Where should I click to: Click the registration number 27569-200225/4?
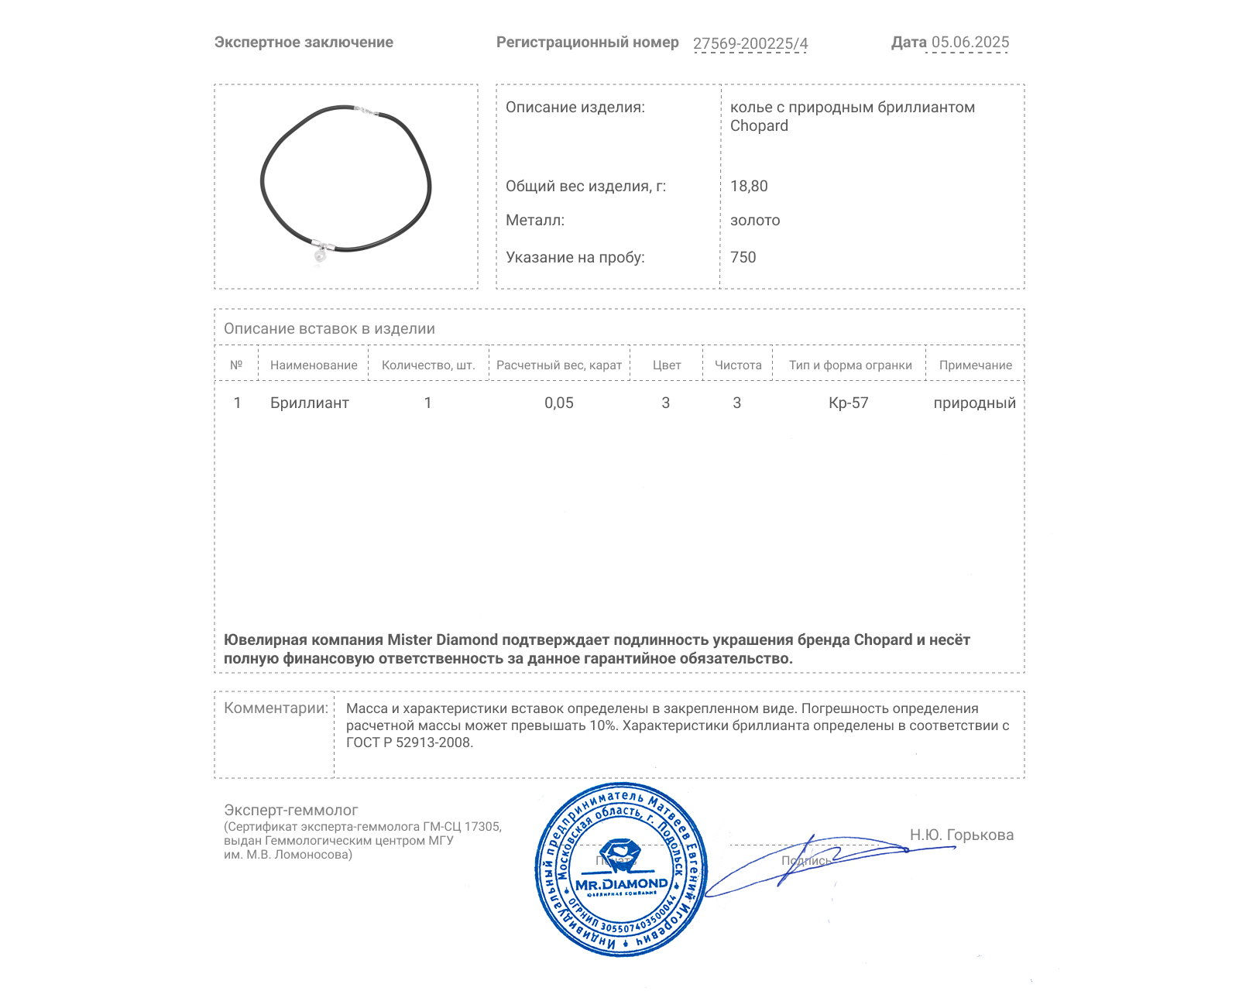[x=750, y=44]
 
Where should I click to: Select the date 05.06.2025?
[x=970, y=43]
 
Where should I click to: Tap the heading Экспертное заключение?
[x=304, y=43]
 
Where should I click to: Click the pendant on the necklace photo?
[x=320, y=255]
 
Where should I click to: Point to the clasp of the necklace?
[x=366, y=113]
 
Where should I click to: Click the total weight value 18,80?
[x=749, y=187]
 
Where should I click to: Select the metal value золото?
[x=755, y=221]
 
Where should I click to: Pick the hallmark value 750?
[x=743, y=258]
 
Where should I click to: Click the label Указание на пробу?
[x=575, y=258]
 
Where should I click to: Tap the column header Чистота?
[x=738, y=365]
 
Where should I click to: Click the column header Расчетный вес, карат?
[x=559, y=365]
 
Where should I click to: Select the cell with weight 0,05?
[x=559, y=403]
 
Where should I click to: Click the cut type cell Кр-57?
[x=849, y=403]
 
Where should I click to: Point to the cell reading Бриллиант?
[x=310, y=403]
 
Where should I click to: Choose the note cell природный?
[x=974, y=403]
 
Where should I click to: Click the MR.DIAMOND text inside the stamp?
[x=621, y=884]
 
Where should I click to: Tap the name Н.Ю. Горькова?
[x=962, y=835]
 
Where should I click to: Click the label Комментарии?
[x=276, y=708]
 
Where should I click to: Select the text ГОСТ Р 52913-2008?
[x=409, y=743]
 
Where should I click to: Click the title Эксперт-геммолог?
[x=291, y=811]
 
